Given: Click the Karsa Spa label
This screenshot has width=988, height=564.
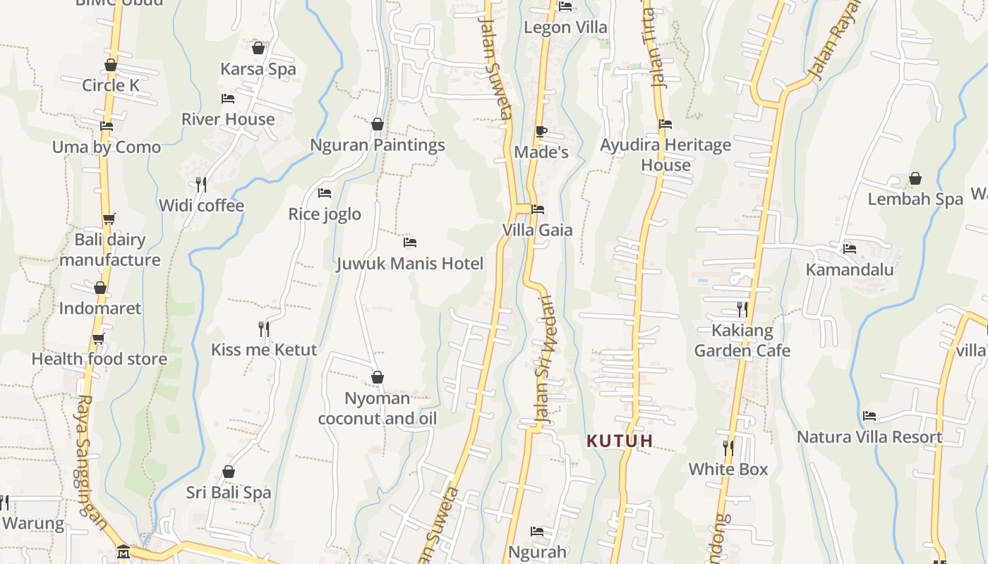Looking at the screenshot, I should point(258,69).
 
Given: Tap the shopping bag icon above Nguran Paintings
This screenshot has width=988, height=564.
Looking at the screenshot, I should point(378,124).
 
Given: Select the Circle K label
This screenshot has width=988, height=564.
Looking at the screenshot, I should point(111,85).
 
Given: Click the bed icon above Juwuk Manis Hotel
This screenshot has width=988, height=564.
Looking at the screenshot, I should point(410,243).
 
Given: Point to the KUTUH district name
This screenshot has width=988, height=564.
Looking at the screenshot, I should point(620,441).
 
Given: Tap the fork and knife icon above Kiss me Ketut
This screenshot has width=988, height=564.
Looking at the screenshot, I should point(264,329).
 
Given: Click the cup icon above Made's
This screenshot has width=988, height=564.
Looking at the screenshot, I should point(541,131).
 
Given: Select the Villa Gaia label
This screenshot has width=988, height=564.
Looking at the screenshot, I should point(538,230).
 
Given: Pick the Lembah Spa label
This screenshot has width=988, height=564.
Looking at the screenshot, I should point(915,199).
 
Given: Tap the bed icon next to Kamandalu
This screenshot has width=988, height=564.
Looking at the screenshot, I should point(850,249).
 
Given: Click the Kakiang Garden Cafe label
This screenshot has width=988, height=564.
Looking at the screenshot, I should point(742,340).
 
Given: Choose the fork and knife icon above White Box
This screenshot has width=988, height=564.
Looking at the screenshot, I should point(728,448).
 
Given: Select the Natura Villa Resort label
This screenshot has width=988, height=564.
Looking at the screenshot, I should point(869,437).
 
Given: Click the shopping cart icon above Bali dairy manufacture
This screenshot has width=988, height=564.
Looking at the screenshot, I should point(109,219).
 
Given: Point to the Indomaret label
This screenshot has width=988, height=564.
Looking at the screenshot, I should point(100,308).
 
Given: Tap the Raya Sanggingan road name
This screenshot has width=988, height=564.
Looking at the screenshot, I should point(92,462).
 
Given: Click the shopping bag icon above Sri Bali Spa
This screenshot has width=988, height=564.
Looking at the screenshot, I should point(229,472).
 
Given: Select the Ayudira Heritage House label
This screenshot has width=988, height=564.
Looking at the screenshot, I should point(665,154).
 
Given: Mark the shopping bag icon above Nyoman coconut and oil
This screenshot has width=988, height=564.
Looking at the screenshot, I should point(378,377).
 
